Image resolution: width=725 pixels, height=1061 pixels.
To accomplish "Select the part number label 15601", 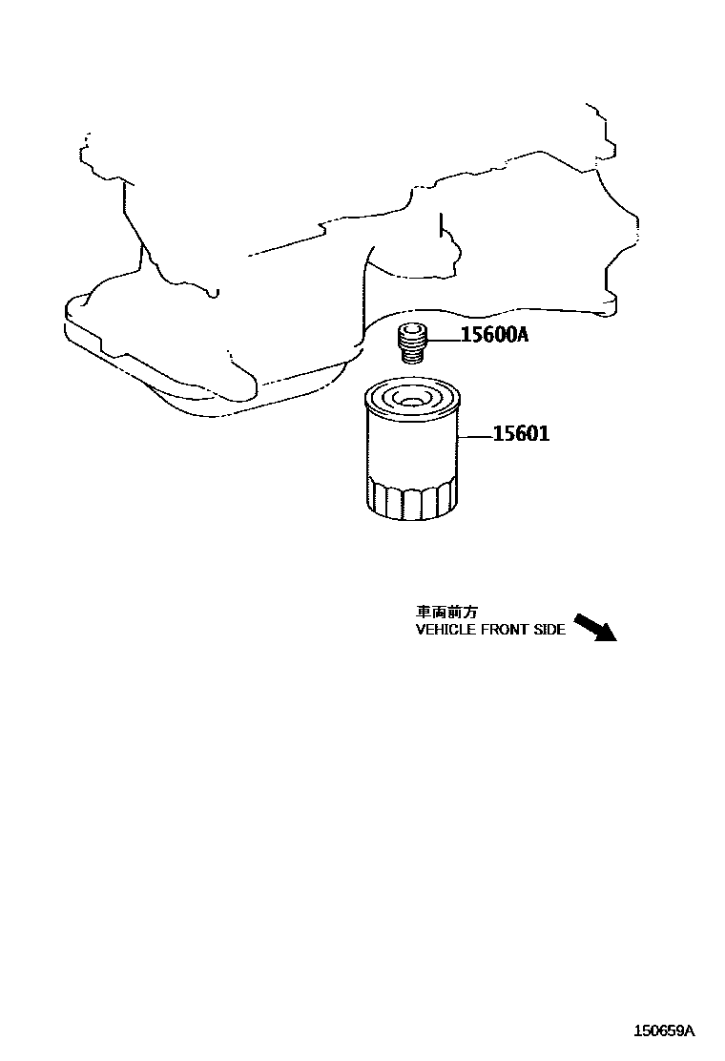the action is pyautogui.click(x=521, y=435).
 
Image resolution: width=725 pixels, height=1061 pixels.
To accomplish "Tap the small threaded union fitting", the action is pyautogui.click(x=412, y=343).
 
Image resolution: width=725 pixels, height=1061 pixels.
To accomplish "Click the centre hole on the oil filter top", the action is pyautogui.click(x=412, y=399).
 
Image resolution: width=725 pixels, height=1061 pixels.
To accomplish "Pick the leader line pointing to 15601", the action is pyautogui.click(x=476, y=436).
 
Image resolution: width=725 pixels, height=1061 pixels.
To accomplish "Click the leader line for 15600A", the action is pyautogui.click(x=444, y=337).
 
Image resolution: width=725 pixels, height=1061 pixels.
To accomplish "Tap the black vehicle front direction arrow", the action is pyautogui.click(x=595, y=626).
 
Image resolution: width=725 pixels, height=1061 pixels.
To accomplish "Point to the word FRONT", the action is pyautogui.click(x=499, y=630).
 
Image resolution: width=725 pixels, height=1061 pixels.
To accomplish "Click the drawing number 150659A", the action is pyautogui.click(x=666, y=1030).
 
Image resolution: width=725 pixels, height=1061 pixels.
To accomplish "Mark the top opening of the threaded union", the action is pyautogui.click(x=412, y=330).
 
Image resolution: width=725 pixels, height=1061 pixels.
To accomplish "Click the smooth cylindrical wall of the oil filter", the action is pyautogui.click(x=412, y=448).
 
